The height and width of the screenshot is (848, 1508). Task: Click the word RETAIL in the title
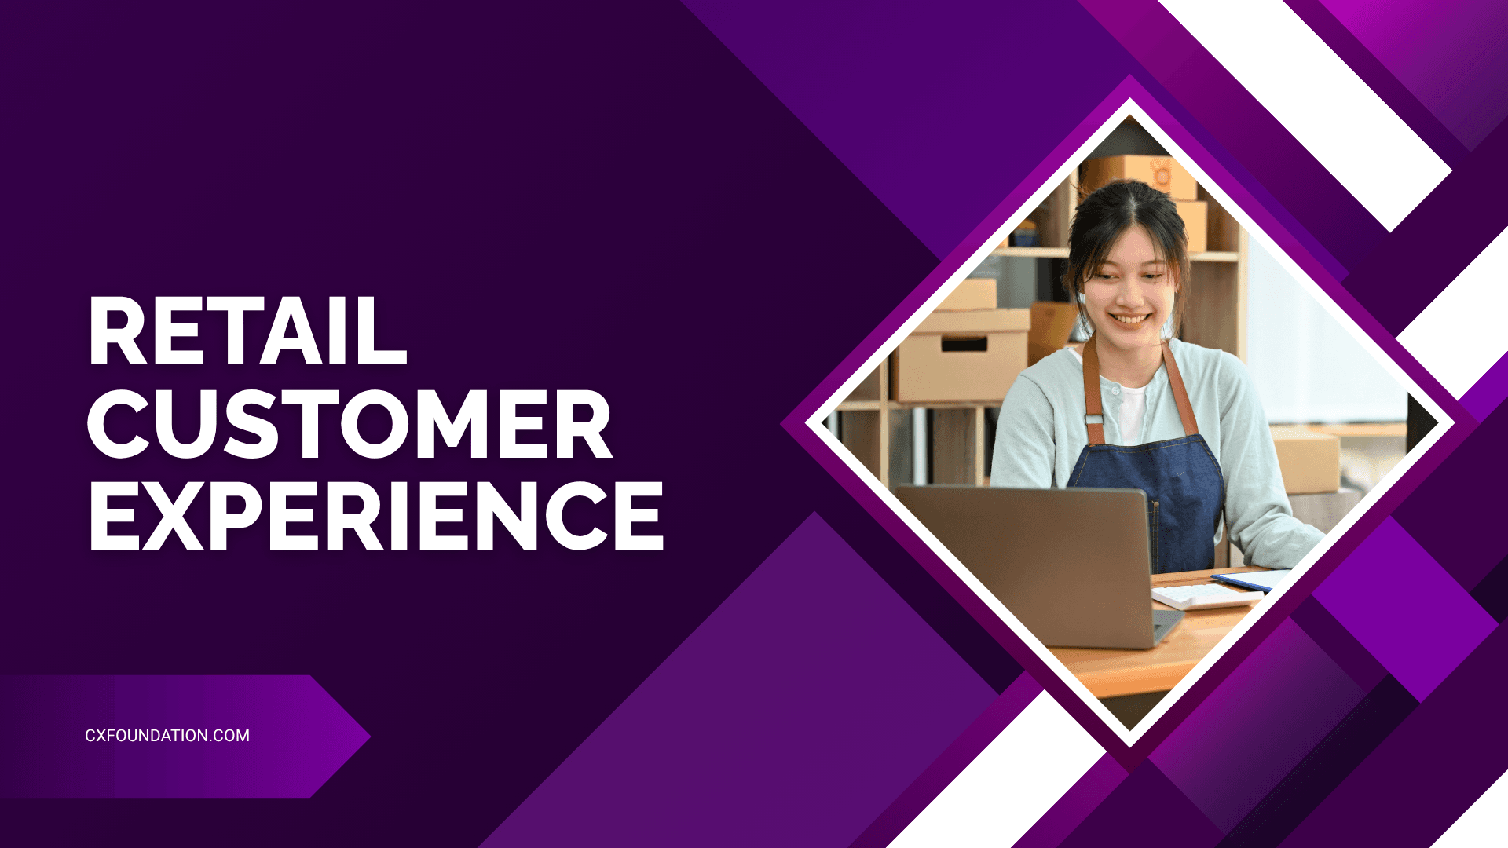click(x=248, y=331)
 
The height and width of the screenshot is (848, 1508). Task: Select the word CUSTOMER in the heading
click(x=350, y=424)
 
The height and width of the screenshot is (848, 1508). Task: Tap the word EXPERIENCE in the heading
click(x=377, y=515)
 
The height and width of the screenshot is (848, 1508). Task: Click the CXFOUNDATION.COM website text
click(x=167, y=736)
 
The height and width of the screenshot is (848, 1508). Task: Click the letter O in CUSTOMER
click(x=375, y=424)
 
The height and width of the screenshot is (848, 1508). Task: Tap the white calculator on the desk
click(x=1206, y=596)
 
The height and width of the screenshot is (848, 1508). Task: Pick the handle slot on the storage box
click(x=964, y=345)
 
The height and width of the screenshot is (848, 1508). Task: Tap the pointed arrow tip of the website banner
click(x=370, y=737)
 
